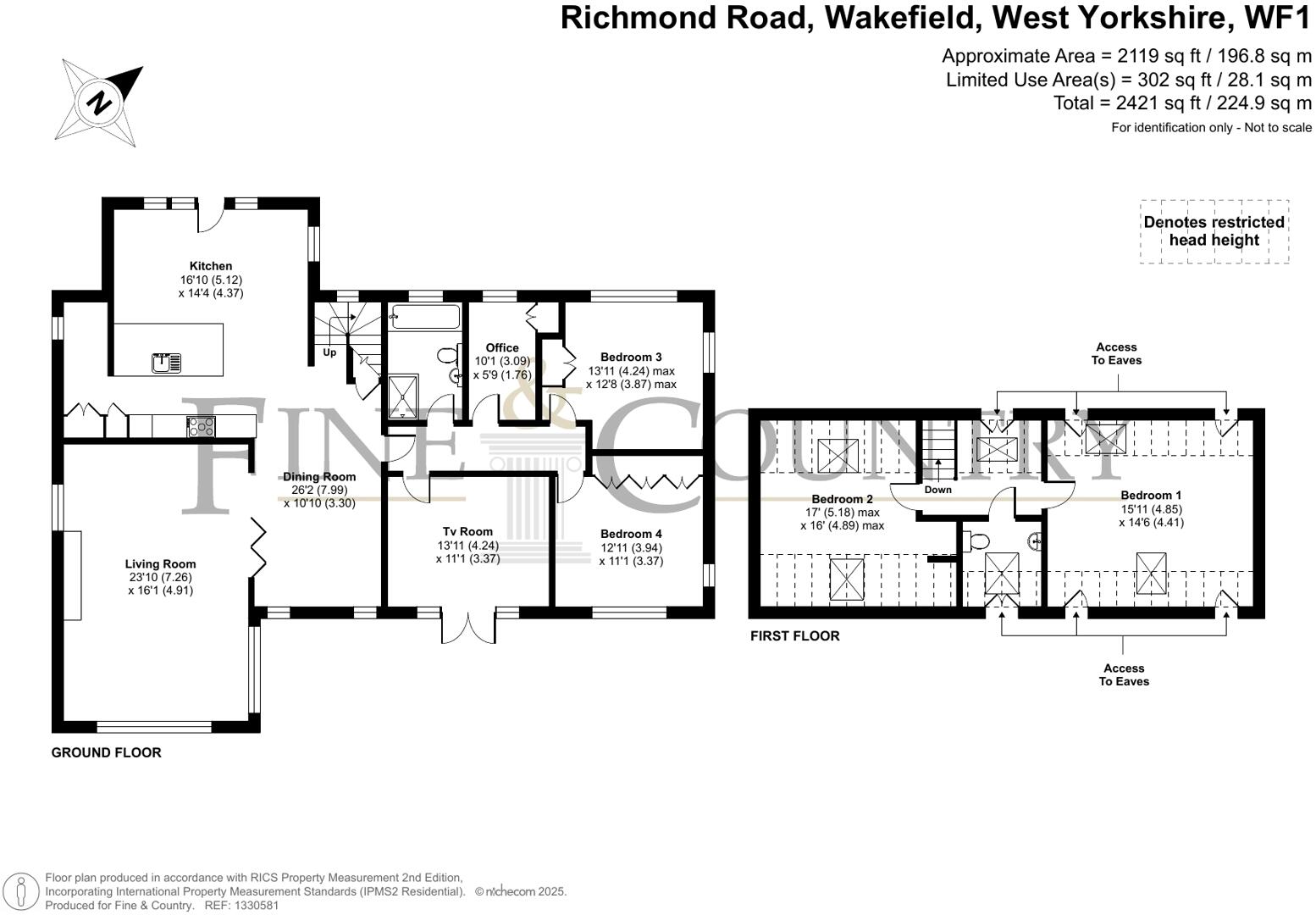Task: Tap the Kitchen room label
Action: coord(211,266)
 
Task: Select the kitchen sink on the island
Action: coord(167,363)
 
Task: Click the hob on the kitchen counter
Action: coord(201,426)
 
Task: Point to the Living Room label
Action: coord(160,564)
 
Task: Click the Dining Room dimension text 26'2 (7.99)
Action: coord(319,490)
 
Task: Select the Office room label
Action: coord(502,348)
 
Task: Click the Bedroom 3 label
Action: coord(631,358)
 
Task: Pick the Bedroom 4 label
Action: coord(631,535)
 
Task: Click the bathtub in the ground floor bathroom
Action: coord(424,317)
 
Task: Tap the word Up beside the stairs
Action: coord(329,352)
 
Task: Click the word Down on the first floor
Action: coord(937,490)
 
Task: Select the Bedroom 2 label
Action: coord(842,500)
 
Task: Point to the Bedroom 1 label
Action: coord(1151,496)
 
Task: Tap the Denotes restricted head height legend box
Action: coord(1214,231)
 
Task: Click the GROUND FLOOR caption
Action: coord(106,752)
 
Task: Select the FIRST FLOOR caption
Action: coord(794,635)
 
